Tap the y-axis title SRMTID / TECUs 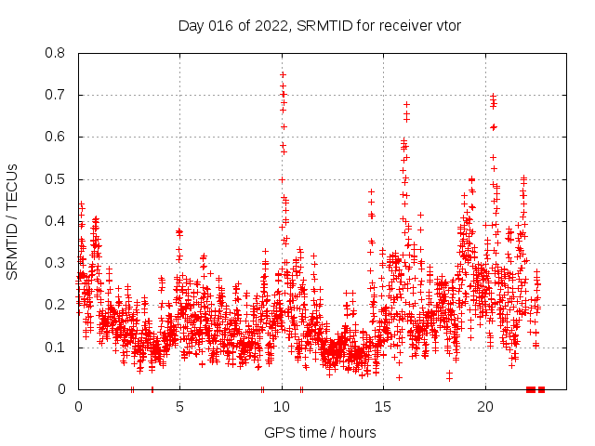[12, 222]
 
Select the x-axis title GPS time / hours [320, 432]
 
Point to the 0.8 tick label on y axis [55, 53]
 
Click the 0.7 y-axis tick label [55, 95]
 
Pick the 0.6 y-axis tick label [55, 137]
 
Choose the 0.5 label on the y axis [55, 179]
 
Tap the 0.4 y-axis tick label [55, 221]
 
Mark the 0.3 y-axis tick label [55, 263]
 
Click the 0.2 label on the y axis [55, 305]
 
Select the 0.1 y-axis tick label [55, 348]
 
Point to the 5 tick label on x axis [180, 407]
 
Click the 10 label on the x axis [282, 407]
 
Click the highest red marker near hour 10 [283, 74]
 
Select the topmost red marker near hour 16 [406, 104]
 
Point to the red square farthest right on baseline [541, 389]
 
